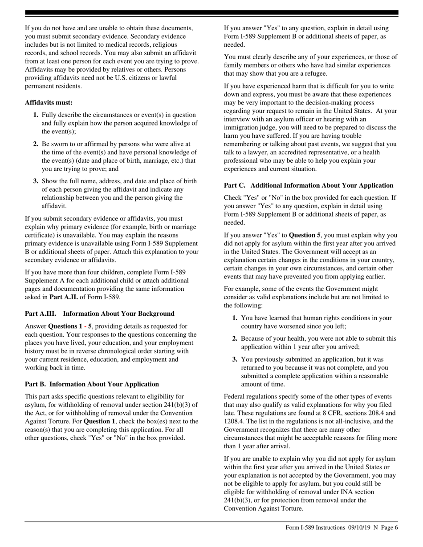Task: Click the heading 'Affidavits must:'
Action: (x=49, y=102)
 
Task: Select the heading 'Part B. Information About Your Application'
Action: (x=92, y=384)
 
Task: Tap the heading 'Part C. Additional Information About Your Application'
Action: (x=308, y=185)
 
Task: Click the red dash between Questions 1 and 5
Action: (x=85, y=326)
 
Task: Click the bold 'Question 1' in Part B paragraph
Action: (x=99, y=421)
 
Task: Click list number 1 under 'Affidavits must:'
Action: (x=36, y=115)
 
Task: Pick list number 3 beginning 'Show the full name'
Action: (x=36, y=181)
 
